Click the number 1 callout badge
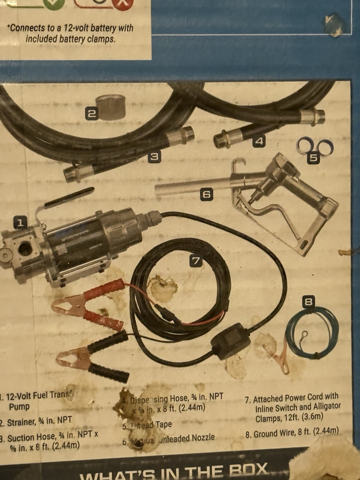click(x=20, y=223)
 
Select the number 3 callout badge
click(x=154, y=157)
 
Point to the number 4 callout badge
click(x=259, y=141)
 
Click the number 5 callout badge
click(x=313, y=158)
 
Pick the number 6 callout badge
click(x=206, y=194)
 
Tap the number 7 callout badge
click(x=196, y=261)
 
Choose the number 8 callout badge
click(x=308, y=302)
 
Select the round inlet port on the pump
click(x=25, y=248)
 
